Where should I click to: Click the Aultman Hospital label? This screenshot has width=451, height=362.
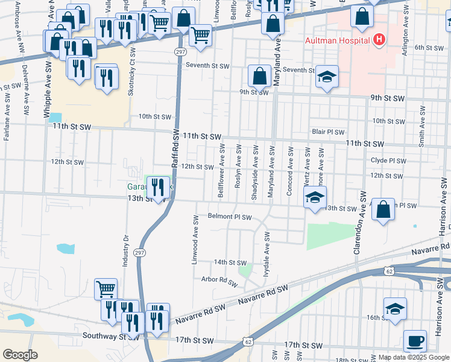click(x=337, y=40)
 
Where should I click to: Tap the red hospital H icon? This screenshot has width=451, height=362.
click(x=379, y=40)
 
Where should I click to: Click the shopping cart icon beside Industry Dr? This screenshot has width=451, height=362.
click(x=106, y=289)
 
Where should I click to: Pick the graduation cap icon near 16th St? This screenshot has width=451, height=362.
click(x=395, y=308)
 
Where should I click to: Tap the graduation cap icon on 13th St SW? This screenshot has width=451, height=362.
click(x=314, y=197)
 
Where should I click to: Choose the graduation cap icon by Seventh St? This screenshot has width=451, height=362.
click(x=327, y=77)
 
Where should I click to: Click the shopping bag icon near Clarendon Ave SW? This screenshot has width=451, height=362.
click(x=383, y=209)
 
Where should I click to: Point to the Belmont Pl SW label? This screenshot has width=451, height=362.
click(x=229, y=216)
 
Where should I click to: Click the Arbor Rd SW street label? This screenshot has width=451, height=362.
click(x=219, y=280)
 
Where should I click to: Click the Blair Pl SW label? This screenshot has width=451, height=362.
click(x=328, y=132)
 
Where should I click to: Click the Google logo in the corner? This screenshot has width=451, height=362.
click(x=20, y=355)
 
